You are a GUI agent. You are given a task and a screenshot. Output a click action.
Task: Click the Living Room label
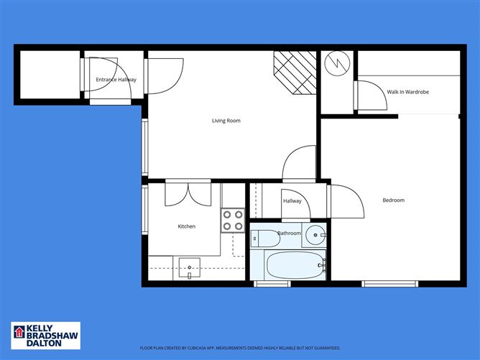pyautogui.click(x=226, y=121)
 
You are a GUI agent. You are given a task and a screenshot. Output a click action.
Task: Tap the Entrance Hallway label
pyautogui.click(x=116, y=80)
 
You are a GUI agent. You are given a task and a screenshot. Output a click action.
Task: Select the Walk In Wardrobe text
pyautogui.click(x=407, y=92)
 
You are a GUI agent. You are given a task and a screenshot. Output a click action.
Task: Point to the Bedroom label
pyautogui.click(x=393, y=200)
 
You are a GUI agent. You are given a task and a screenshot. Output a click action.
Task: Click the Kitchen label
pyautogui.click(x=186, y=226)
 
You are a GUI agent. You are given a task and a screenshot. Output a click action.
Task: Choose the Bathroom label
pyautogui.click(x=289, y=234)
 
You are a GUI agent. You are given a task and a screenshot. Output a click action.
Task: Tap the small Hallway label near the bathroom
pyautogui.click(x=292, y=201)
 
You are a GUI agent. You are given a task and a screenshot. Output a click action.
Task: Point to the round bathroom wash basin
pyautogui.click(x=315, y=234)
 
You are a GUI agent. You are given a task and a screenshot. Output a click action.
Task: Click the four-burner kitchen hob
pyautogui.click(x=232, y=220)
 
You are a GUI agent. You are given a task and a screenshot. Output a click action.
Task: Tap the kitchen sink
pyautogui.click(x=190, y=268)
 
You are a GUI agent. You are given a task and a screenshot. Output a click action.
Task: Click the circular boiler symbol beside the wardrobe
pyautogui.click(x=336, y=64)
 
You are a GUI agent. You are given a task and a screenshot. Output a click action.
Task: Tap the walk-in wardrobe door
pyautogui.click(x=369, y=94)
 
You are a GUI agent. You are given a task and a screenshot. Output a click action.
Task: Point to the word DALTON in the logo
pyautogui.click(x=44, y=343)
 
